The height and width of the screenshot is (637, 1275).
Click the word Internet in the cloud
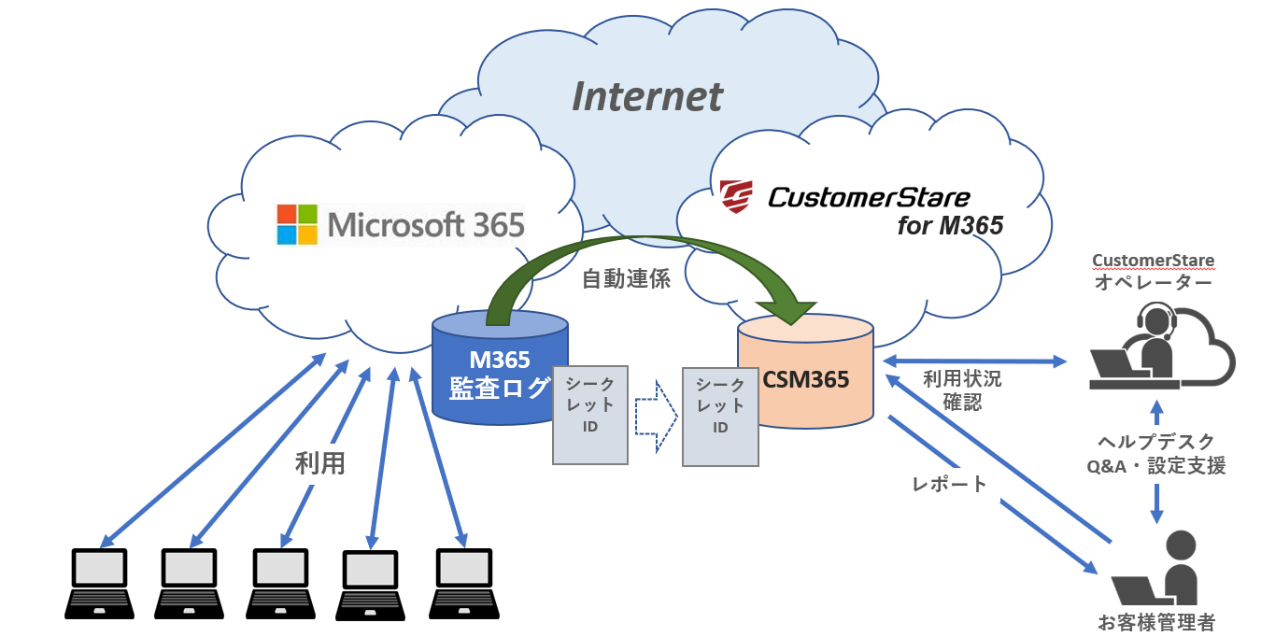pyautogui.click(x=647, y=96)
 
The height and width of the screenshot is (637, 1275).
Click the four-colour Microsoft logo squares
pyautogui.click(x=296, y=224)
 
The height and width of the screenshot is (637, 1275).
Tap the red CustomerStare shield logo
pyautogui.click(x=736, y=197)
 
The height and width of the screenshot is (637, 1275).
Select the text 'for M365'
pyautogui.click(x=949, y=226)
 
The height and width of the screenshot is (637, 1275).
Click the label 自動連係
pyautogui.click(x=626, y=278)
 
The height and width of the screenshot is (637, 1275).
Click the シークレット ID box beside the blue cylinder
pyautogui.click(x=590, y=415)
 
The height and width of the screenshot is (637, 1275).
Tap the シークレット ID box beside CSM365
pyautogui.click(x=719, y=417)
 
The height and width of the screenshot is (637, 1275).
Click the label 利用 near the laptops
pyautogui.click(x=320, y=463)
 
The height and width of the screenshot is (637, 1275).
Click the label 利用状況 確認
pyautogui.click(x=961, y=391)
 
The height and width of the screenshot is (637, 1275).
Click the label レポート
pyautogui.click(x=949, y=484)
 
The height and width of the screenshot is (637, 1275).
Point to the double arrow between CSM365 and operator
pyautogui.click(x=975, y=361)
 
